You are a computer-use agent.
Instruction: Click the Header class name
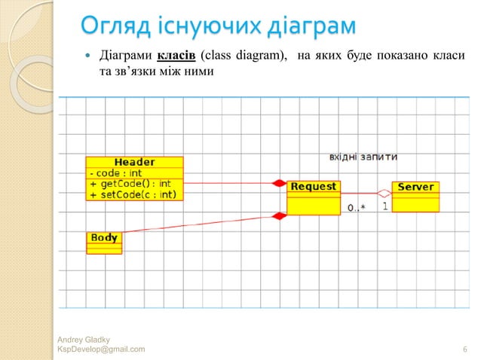134,162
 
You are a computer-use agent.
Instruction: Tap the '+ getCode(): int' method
130,183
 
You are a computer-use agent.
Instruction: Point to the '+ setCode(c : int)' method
133,194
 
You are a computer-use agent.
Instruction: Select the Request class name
313,186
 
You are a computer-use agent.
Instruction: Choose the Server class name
415,187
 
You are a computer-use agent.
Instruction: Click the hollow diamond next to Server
383,192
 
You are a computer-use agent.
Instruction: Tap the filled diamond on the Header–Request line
280,183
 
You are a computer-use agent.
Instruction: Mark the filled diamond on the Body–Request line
279,216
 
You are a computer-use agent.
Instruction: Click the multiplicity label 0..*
356,206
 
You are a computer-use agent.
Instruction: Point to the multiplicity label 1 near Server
385,204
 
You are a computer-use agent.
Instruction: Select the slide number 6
464,349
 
